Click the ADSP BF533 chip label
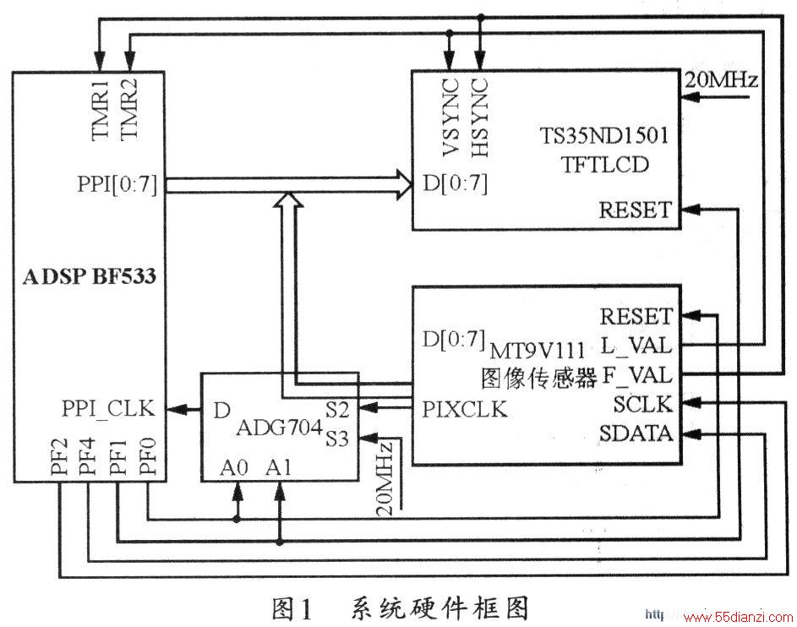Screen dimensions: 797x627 click(90, 276)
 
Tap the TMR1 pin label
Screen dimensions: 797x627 click(101, 109)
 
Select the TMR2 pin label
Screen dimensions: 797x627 click(129, 109)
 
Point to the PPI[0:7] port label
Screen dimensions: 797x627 click(117, 184)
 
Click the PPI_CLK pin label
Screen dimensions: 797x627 click(108, 408)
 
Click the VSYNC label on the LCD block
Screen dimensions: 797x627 click(450, 117)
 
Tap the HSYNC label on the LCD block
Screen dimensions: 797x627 click(479, 117)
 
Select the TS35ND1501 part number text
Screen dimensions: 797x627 click(603, 136)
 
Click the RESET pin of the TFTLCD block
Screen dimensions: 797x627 click(636, 210)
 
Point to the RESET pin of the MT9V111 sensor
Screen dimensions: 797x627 click(636, 316)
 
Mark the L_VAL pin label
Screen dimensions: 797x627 click(636, 346)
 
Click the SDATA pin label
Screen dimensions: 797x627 click(636, 433)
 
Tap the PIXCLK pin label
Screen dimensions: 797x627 click(465, 409)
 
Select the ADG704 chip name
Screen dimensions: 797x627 click(280, 428)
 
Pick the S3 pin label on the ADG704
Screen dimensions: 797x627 click(337, 439)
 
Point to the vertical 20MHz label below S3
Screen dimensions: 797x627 click(385, 478)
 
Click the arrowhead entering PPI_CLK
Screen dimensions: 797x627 click(176, 409)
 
